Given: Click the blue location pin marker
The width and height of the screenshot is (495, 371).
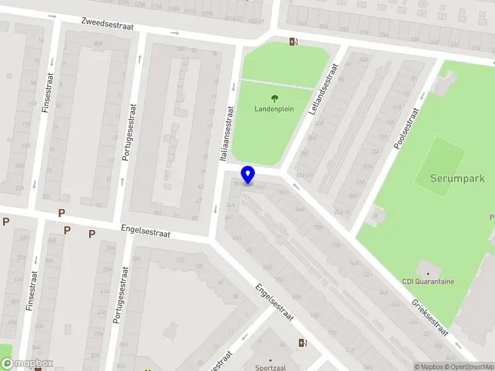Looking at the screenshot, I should point(248,174).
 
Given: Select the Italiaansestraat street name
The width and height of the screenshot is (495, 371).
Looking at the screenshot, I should point(227,134).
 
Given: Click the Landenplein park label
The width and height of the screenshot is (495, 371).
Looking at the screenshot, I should point(274,109).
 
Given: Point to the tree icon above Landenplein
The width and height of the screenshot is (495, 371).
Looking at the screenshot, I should point(274,98).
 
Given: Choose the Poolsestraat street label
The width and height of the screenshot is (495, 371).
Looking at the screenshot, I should point(407,129).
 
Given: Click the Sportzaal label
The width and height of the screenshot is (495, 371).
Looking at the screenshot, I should point(271,367).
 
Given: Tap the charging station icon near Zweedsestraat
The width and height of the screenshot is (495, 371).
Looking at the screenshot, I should point(293,42).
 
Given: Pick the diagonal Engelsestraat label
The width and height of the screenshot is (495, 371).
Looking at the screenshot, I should point(273,302).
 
